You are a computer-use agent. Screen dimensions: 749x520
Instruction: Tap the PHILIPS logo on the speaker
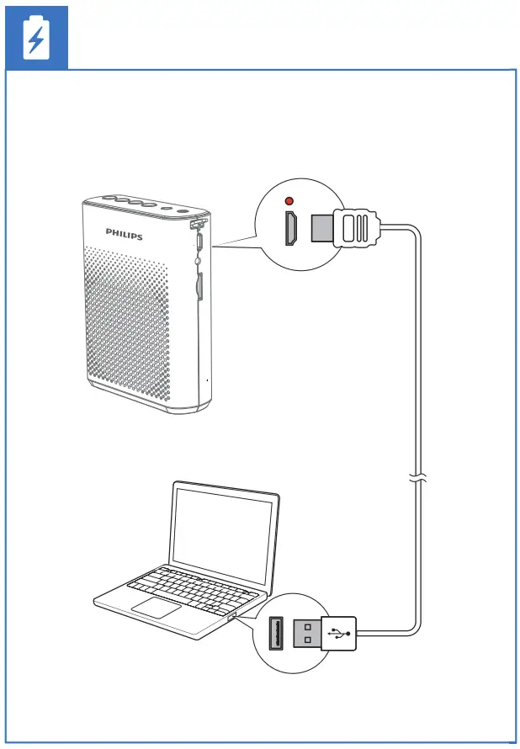click(124, 233)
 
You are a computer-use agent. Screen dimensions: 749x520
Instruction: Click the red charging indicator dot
click(289, 201)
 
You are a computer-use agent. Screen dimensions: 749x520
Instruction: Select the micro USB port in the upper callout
click(290, 229)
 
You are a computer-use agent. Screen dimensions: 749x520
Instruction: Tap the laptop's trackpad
click(157, 608)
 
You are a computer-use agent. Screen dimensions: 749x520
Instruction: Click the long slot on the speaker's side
click(199, 286)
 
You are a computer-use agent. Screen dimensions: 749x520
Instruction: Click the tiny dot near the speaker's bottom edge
click(207, 380)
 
